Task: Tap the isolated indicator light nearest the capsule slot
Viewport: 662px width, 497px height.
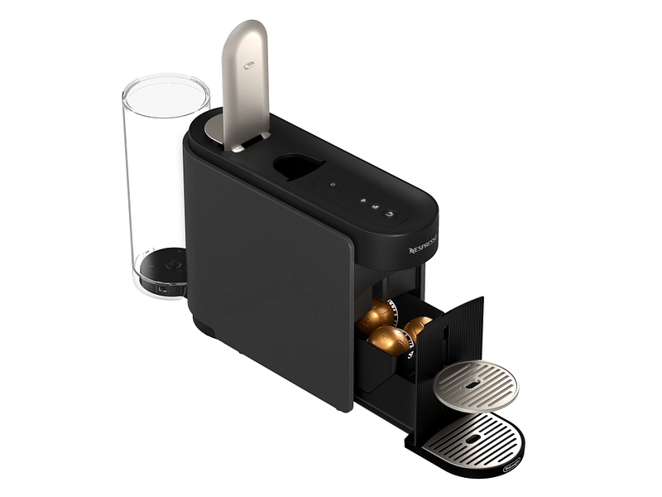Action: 331,184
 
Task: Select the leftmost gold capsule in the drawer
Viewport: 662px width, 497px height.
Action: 375,316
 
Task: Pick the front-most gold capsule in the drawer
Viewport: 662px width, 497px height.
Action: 389,340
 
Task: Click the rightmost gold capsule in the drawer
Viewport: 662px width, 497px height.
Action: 417,326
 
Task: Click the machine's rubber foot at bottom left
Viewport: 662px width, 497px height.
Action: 207,331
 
